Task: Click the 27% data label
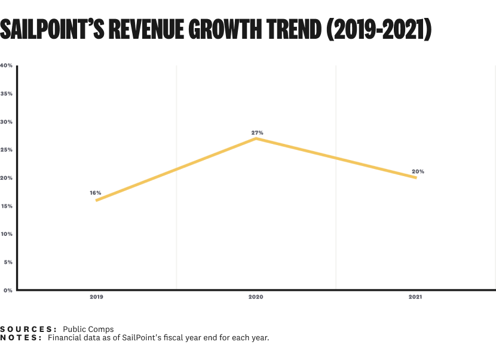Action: pyautogui.click(x=257, y=133)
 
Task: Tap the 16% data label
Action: pyautogui.click(x=96, y=193)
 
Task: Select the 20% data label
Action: pyautogui.click(x=418, y=172)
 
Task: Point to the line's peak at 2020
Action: pyautogui.click(x=256, y=139)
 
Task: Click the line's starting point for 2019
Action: pyautogui.click(x=96, y=200)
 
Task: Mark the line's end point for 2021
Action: pyautogui.click(x=416, y=177)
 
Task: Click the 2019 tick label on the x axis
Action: pyautogui.click(x=96, y=297)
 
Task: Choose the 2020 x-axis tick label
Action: pyautogui.click(x=256, y=297)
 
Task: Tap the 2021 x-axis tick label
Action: pyautogui.click(x=415, y=297)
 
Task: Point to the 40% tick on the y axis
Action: pyautogui.click(x=7, y=66)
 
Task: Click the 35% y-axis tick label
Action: pyautogui.click(x=7, y=94)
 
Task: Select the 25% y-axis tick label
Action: pyautogui.click(x=7, y=150)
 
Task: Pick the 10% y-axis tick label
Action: pyautogui.click(x=7, y=234)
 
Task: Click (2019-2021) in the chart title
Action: pyautogui.click(x=379, y=30)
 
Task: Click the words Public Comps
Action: pyautogui.click(x=88, y=329)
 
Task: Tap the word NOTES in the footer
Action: pyautogui.click(x=21, y=338)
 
